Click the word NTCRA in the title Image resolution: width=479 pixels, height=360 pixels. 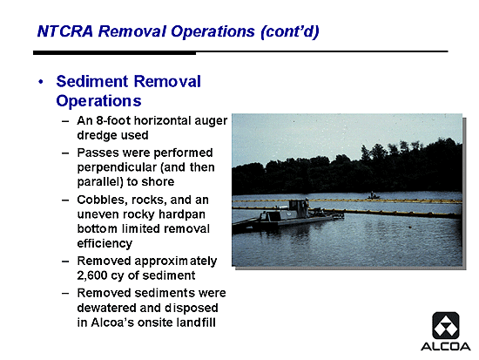[64, 31]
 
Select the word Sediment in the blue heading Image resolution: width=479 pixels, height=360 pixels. [92, 82]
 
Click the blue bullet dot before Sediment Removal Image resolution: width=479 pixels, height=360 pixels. [41, 82]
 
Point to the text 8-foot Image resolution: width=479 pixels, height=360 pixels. [113, 120]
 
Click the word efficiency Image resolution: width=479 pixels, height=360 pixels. [105, 244]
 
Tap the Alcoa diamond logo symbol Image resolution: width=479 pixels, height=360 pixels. [446, 325]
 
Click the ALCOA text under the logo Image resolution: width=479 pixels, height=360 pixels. [445, 347]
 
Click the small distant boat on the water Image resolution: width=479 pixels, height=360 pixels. [373, 196]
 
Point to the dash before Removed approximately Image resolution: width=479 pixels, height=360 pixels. [65, 262]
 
